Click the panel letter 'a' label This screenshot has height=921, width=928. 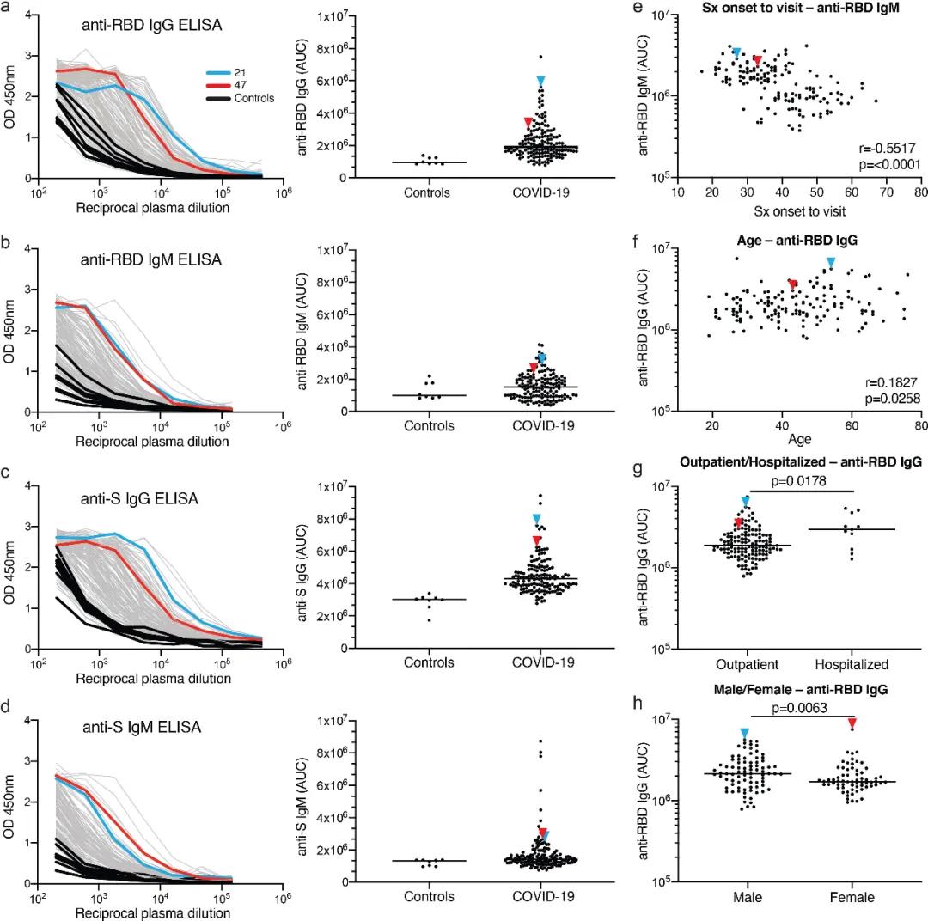pyautogui.click(x=8, y=9)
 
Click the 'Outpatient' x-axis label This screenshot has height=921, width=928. pyautogui.click(x=746, y=664)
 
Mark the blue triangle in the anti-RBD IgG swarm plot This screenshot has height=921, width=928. pyautogui.click(x=541, y=81)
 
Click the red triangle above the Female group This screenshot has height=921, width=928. pyautogui.click(x=852, y=723)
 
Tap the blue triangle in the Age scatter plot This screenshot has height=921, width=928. pyautogui.click(x=830, y=261)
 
